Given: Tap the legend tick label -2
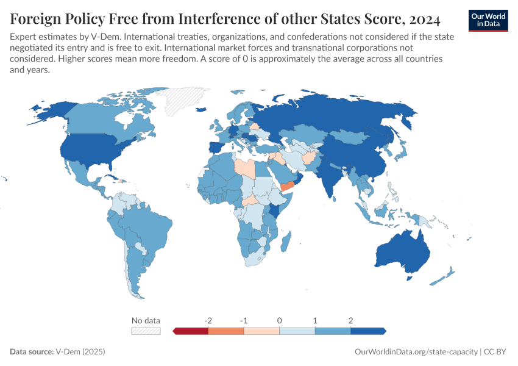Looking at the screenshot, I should (x=208, y=320).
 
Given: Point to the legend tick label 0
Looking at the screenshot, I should (x=279, y=320).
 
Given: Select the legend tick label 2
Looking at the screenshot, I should (x=350, y=320).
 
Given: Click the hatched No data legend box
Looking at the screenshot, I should (x=146, y=331).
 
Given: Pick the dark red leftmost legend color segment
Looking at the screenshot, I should (x=191, y=331).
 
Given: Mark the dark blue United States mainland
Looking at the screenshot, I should (x=85, y=149).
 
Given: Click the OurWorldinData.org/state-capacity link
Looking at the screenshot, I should (x=416, y=352).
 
